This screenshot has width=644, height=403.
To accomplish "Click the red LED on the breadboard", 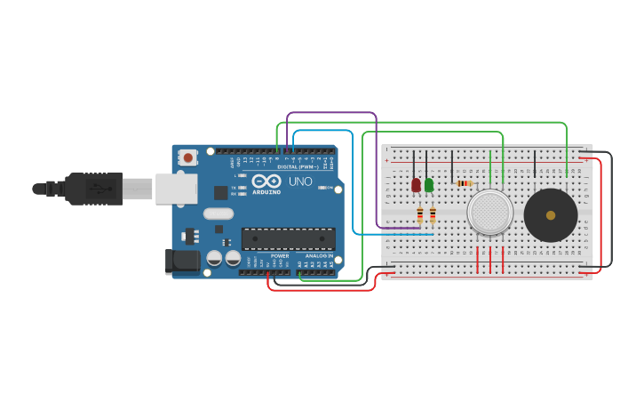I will click(416, 185).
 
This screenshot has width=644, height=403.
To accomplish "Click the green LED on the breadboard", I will click(429, 185).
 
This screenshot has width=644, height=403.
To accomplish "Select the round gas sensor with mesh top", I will click(489, 213).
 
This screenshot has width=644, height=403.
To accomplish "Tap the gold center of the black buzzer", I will click(551, 215).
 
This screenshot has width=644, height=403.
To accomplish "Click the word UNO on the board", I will click(300, 181).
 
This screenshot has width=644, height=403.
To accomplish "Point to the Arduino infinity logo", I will click(266, 181).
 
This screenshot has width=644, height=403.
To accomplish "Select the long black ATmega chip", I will click(288, 238).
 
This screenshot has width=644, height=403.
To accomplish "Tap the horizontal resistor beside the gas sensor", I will click(464, 183).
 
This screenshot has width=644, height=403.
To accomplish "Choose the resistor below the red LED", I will click(420, 214).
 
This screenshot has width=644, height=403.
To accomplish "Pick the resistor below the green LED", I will click(433, 214).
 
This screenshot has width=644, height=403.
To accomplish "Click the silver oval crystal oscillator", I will click(218, 214).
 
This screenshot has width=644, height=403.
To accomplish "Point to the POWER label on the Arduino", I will click(279, 256).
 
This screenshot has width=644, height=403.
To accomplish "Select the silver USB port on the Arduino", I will click(176, 189).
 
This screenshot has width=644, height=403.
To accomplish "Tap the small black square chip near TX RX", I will click(220, 192).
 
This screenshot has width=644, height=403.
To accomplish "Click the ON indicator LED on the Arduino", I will click(326, 188).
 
